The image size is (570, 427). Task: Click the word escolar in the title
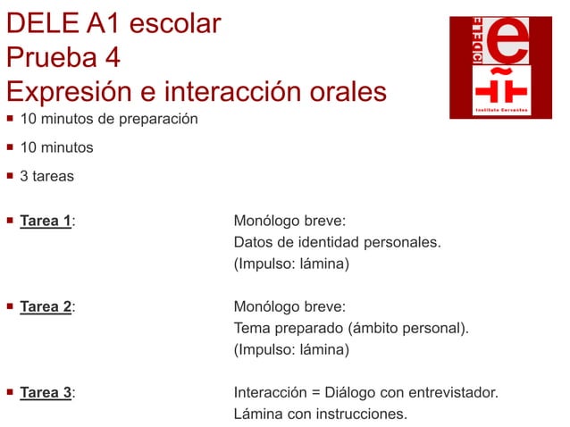click(x=176, y=23)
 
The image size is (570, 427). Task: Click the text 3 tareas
click(x=47, y=176)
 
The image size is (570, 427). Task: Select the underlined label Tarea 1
click(x=46, y=221)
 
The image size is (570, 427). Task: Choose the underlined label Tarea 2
click(x=46, y=306)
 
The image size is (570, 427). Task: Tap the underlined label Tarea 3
click(x=46, y=392)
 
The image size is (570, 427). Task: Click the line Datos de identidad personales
click(x=337, y=242)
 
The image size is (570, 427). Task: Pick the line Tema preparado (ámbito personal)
click(x=350, y=328)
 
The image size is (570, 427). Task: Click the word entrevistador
click(x=453, y=392)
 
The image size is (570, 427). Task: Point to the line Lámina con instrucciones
click(x=320, y=414)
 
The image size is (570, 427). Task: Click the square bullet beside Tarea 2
click(x=10, y=306)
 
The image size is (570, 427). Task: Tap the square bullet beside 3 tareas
click(x=10, y=176)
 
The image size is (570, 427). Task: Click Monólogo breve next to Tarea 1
click(x=289, y=221)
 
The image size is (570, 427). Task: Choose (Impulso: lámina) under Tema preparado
click(x=291, y=349)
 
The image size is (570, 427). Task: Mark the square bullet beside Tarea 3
click(x=10, y=392)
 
